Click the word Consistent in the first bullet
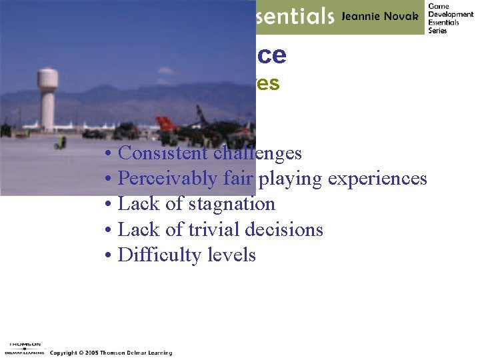pyautogui.click(x=164, y=153)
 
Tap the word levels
pyautogui.click(x=231, y=255)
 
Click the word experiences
pyautogui.click(x=376, y=179)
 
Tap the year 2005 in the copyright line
pyautogui.click(x=90, y=353)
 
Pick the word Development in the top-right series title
pyautogui.click(x=451, y=14)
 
